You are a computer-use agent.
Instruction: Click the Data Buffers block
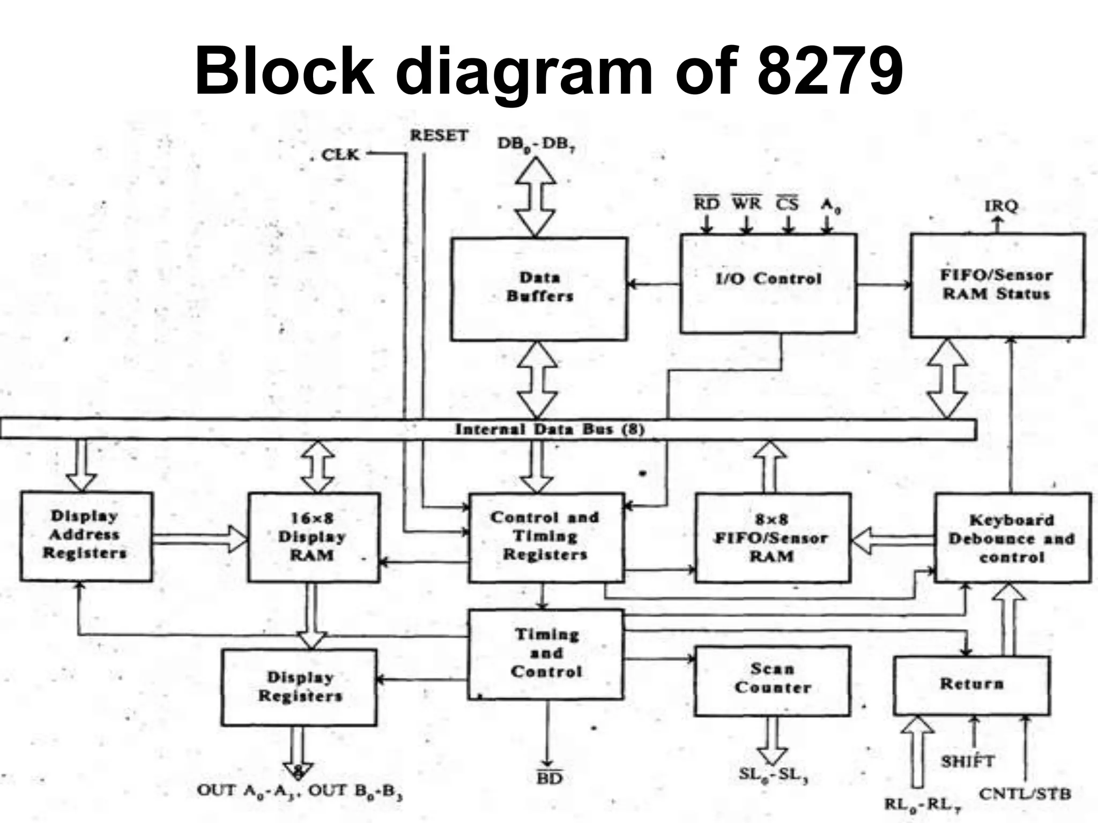coord(539,288)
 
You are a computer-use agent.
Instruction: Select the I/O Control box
coord(768,283)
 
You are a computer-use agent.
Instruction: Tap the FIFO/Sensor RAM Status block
coord(997,285)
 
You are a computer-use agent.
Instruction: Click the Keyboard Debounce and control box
coord(1012,538)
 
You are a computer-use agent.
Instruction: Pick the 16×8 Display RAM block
coord(313,537)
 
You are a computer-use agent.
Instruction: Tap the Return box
coord(971,685)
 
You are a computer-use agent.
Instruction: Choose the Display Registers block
coord(299,687)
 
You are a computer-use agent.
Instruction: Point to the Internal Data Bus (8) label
coord(550,429)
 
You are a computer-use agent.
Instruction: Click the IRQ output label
coord(1000,206)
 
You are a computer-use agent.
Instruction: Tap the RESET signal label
coord(439,136)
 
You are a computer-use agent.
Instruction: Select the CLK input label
coord(340,155)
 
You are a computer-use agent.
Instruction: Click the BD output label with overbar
coord(549,778)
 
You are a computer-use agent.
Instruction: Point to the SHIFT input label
coord(968,761)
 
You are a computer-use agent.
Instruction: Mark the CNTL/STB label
coord(1025,794)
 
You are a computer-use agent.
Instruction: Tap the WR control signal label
coord(746,204)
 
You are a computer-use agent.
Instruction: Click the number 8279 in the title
coord(830,71)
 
